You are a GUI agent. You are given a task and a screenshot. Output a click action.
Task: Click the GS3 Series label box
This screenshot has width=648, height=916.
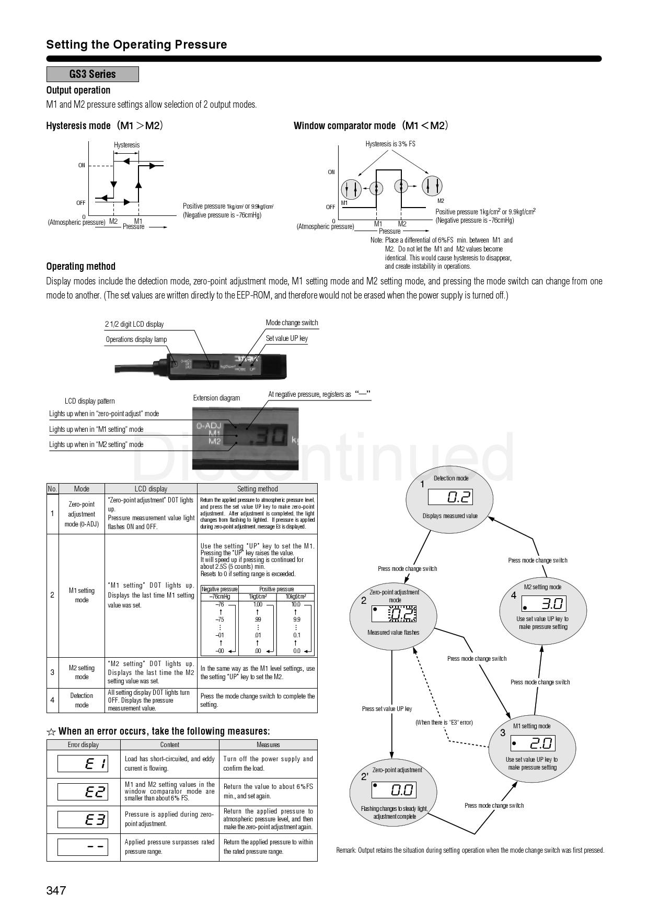[92, 74]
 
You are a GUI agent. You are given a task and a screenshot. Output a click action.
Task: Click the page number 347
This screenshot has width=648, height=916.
[56, 890]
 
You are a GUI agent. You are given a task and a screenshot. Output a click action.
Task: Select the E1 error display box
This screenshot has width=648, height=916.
[83, 764]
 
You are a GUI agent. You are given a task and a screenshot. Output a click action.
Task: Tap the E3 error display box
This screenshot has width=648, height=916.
[83, 819]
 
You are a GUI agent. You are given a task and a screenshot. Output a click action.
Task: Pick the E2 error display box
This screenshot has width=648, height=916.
[83, 792]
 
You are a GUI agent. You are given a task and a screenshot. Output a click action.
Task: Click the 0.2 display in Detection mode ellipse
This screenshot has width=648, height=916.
[450, 497]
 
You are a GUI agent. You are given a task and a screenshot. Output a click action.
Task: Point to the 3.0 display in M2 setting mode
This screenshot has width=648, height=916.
[544, 604]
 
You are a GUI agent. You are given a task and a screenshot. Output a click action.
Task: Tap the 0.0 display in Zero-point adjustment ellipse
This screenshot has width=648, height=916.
[394, 789]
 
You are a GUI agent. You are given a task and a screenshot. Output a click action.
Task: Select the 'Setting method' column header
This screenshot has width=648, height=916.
[257, 489]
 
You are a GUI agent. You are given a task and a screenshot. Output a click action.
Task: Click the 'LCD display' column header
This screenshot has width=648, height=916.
[151, 489]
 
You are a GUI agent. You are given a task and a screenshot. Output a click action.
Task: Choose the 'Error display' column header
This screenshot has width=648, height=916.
[83, 745]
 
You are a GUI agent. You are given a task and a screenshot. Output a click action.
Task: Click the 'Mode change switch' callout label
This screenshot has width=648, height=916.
[292, 323]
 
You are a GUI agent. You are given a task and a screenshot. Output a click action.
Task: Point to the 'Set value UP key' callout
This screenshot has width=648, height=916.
[286, 338]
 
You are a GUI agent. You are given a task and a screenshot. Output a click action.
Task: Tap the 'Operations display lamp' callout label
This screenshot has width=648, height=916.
[136, 339]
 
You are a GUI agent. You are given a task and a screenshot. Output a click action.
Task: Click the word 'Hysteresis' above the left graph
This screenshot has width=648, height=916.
[126, 145]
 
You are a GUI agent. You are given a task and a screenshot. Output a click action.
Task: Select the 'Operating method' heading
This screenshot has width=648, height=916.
[80, 266]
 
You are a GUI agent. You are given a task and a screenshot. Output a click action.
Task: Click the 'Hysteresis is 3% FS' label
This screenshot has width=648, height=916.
[390, 144]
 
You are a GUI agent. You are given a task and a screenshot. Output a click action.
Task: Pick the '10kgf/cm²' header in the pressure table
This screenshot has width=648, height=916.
[295, 597]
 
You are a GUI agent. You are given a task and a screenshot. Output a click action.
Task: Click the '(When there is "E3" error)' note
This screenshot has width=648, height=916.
[444, 722]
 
